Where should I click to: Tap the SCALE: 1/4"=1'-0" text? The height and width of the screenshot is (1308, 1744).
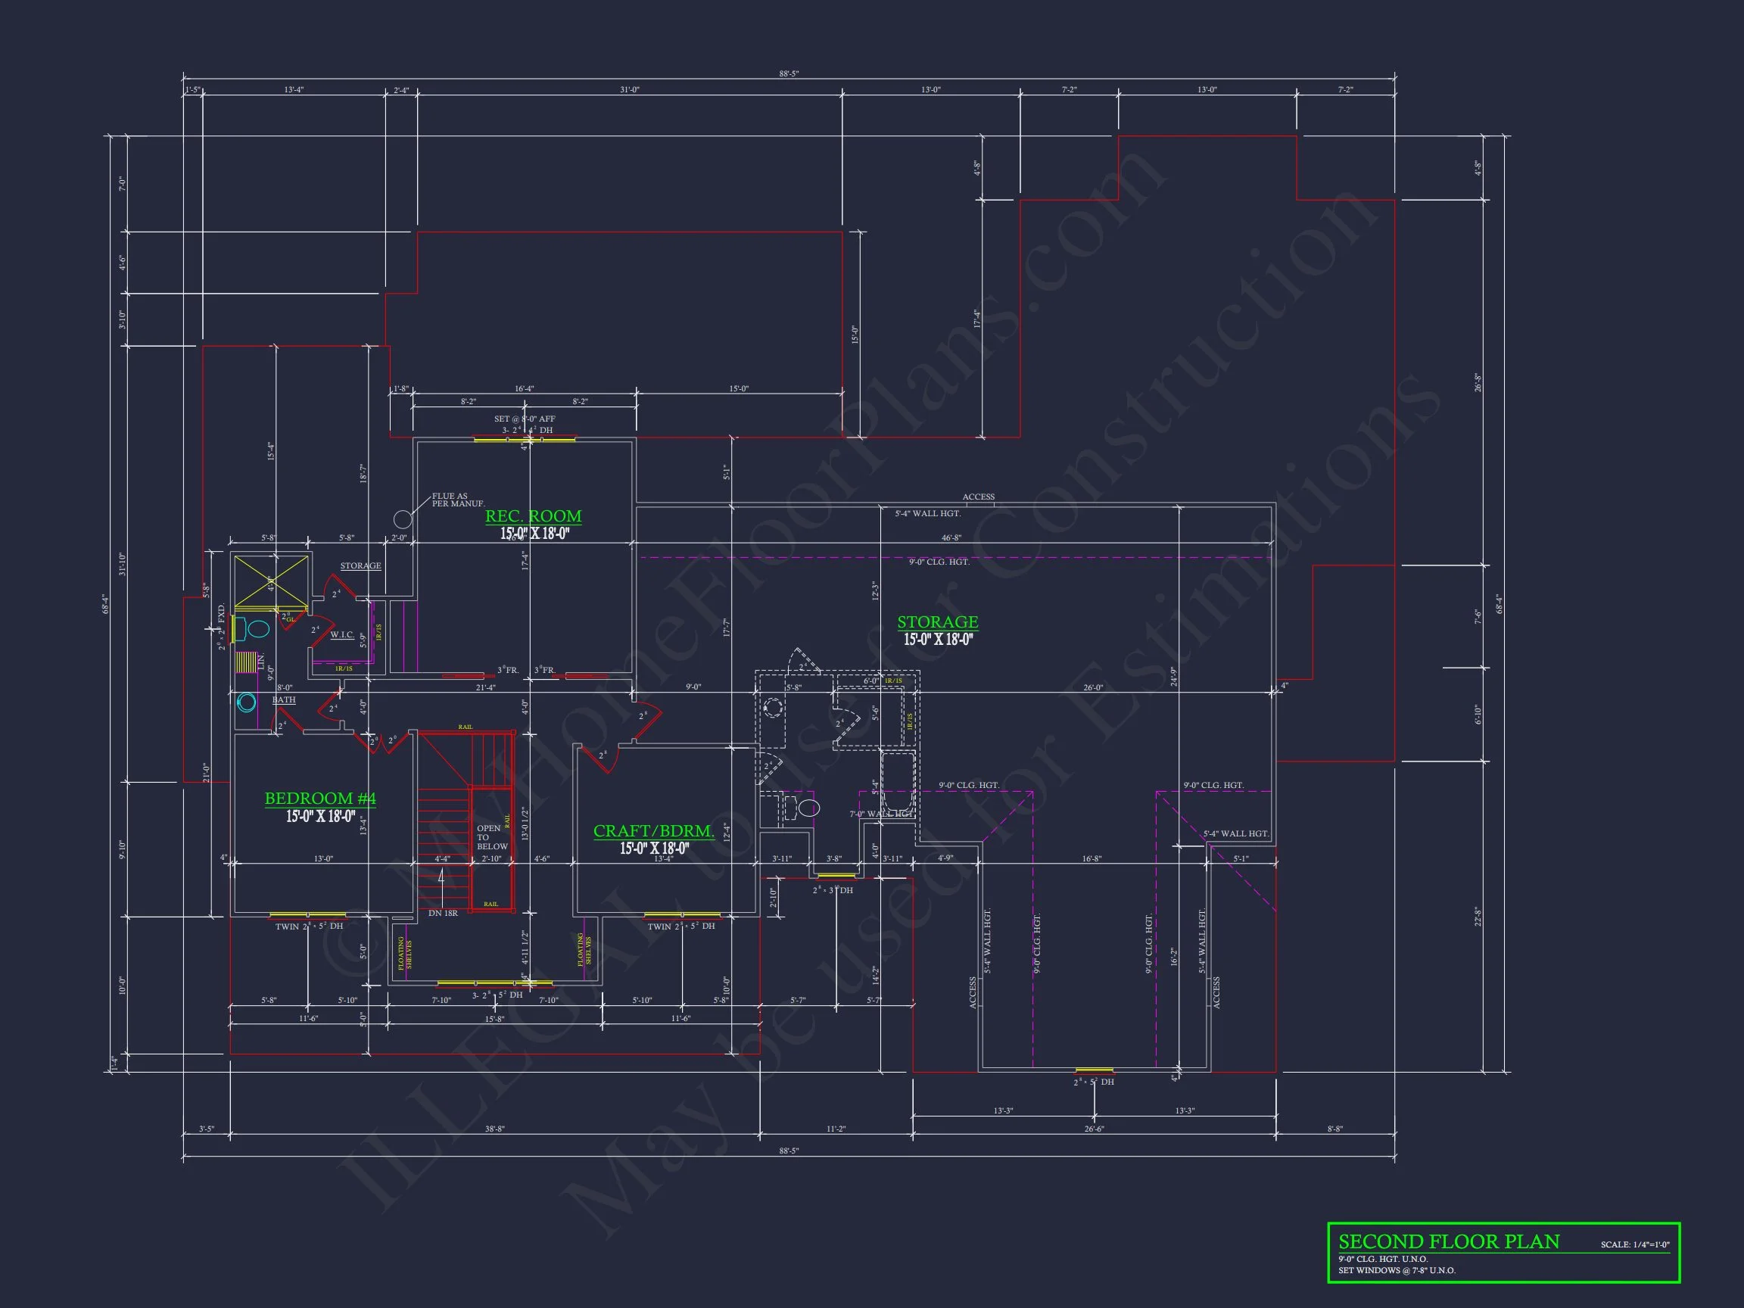[1634, 1245]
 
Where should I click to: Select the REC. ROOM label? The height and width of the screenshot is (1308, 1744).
[533, 516]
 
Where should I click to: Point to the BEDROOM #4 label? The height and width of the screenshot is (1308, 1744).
[320, 799]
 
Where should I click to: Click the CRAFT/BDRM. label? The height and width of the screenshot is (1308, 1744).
[653, 831]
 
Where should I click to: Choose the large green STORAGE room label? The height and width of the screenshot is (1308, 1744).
[937, 622]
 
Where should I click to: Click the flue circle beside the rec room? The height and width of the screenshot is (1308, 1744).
[403, 519]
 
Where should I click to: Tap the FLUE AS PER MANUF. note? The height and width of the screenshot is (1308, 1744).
[457, 500]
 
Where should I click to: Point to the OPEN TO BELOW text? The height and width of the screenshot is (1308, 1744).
[491, 837]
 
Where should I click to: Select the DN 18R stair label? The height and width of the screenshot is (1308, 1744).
[443, 913]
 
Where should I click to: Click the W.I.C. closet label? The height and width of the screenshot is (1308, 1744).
[342, 634]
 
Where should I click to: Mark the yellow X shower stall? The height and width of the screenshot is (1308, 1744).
[271, 582]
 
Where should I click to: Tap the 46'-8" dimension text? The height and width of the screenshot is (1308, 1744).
[951, 537]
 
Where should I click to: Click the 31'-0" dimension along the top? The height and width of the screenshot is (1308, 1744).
[629, 90]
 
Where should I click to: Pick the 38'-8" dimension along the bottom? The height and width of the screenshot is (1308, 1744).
[494, 1129]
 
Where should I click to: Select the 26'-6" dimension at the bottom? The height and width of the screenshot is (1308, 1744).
[1094, 1129]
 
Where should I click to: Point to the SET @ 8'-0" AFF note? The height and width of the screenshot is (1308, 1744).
[525, 419]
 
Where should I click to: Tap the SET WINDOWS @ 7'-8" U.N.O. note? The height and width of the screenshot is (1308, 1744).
[1397, 1270]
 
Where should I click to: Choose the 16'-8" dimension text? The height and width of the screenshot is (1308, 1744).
[1092, 858]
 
